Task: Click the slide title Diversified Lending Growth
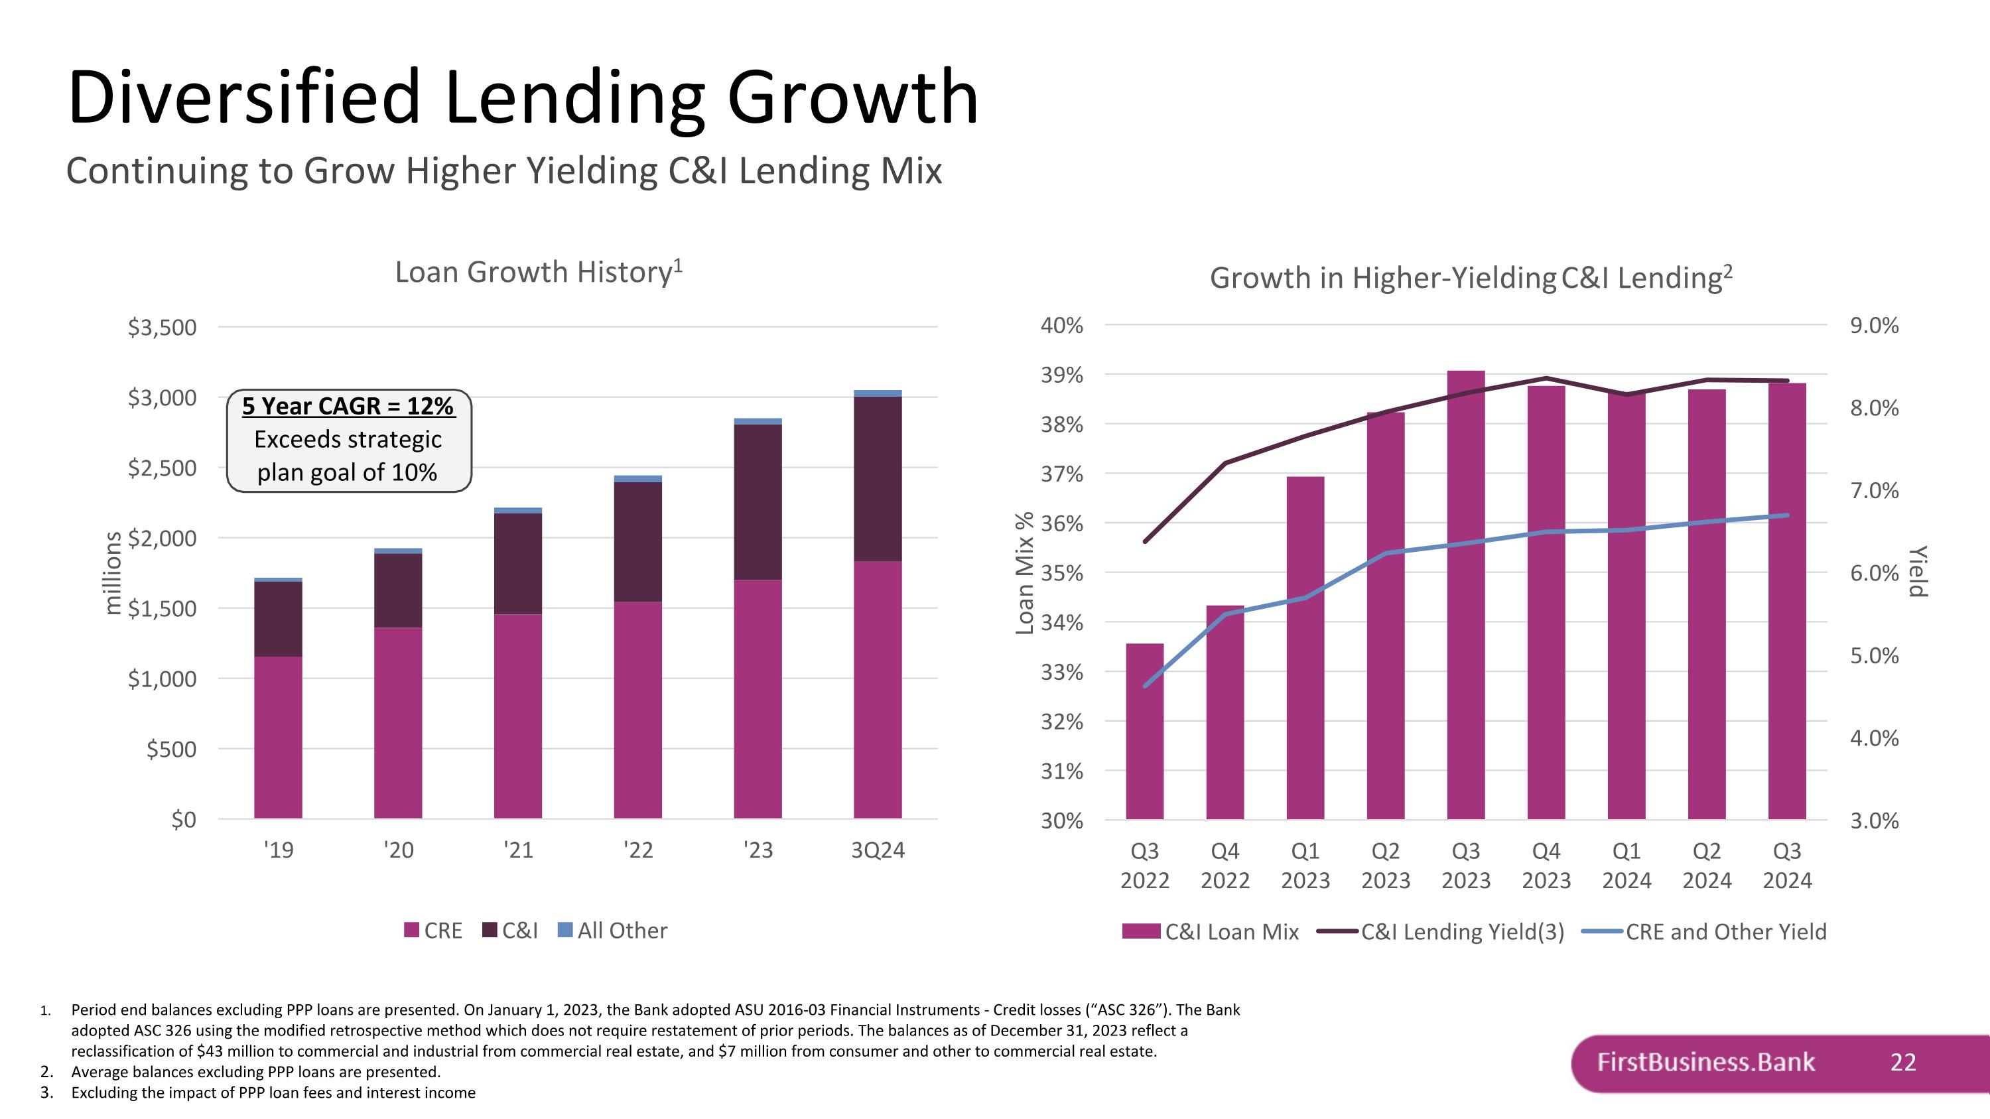point(523,97)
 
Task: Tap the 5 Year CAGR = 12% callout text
point(348,406)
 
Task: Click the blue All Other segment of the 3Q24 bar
point(878,393)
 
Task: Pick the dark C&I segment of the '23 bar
point(758,502)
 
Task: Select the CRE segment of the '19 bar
point(278,738)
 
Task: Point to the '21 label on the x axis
point(518,850)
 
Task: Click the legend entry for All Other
point(613,931)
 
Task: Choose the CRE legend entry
point(433,931)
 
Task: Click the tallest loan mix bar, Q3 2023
point(1466,594)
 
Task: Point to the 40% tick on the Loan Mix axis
point(1061,325)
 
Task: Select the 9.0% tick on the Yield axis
point(1874,325)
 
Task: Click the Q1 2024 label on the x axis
point(1627,865)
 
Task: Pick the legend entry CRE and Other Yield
point(1704,931)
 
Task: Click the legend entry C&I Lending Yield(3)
point(1441,931)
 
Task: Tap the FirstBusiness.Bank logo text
point(1705,1062)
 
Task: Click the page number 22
point(1902,1062)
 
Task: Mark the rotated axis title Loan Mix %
point(1024,573)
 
